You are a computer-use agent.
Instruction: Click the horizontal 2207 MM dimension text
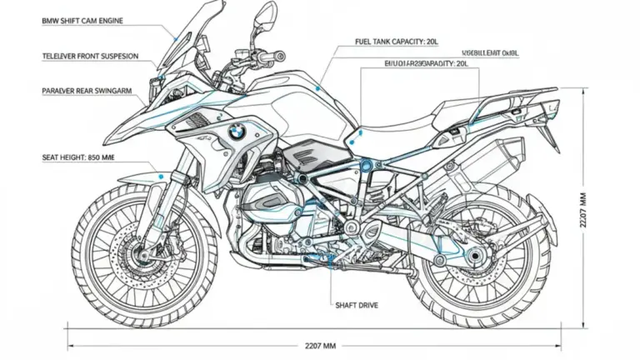click(317, 343)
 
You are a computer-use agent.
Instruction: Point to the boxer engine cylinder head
click(265, 205)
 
